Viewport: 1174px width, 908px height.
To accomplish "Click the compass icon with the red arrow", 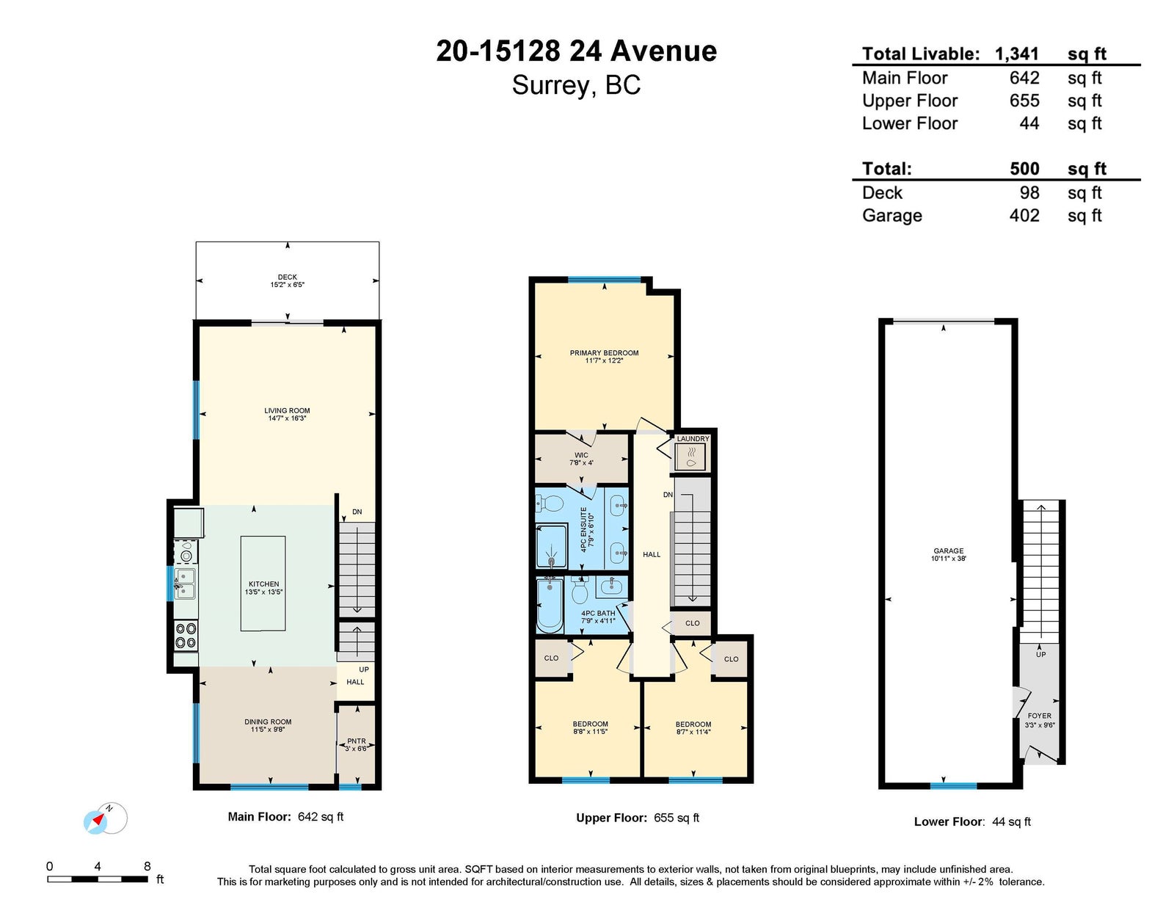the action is click(106, 818).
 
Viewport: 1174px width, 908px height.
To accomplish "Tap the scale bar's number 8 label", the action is click(147, 866).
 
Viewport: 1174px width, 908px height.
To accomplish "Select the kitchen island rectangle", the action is click(263, 584).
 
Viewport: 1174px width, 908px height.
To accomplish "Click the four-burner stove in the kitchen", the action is click(186, 636).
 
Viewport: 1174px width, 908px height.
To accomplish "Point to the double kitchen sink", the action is click(185, 584).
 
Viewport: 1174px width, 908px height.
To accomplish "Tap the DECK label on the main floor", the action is click(288, 277).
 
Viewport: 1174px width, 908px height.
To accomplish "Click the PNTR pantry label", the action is click(357, 741).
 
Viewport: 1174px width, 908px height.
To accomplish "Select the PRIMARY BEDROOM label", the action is click(604, 353).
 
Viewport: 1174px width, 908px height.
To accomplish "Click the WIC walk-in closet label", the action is click(581, 455).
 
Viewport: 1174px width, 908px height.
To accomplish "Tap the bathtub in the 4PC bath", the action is click(550, 605).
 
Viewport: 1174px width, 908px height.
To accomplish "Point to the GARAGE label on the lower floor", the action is click(949, 551).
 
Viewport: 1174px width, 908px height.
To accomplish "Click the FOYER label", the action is click(1040, 716).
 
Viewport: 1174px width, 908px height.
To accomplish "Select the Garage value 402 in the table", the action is click(1024, 216).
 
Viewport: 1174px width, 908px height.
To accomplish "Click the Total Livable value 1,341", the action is click(1017, 54).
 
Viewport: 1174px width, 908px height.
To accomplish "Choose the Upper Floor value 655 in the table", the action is click(1024, 101).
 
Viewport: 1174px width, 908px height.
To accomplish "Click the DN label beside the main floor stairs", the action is click(357, 512).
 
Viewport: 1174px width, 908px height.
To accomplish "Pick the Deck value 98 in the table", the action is click(1029, 193).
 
